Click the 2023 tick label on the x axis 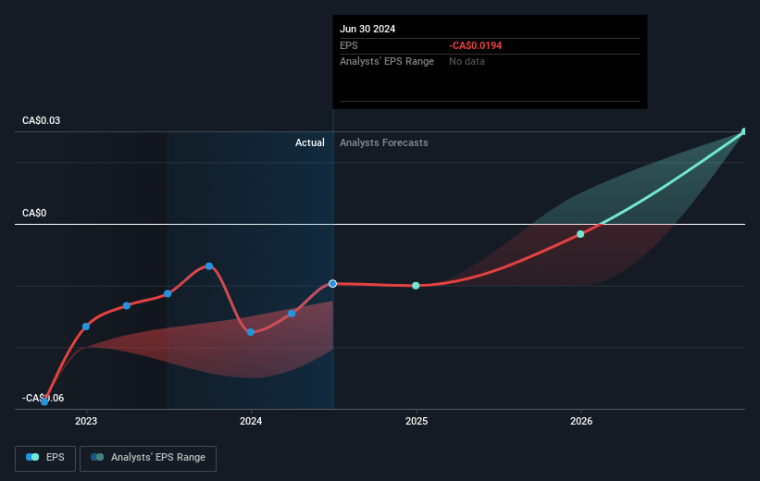86,422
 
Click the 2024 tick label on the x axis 251,422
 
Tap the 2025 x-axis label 416,422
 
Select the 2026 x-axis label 581,422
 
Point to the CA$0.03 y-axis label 42,121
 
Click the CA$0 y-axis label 34,214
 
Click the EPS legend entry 46,457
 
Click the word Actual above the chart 310,142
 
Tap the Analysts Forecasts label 384,142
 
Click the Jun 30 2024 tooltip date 368,29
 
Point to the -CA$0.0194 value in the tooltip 476,45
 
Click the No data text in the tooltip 467,61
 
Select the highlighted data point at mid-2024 332,283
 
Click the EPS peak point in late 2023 209,266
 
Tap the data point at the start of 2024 251,332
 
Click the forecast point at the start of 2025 416,286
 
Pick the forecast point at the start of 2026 580,234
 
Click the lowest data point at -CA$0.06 44,401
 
